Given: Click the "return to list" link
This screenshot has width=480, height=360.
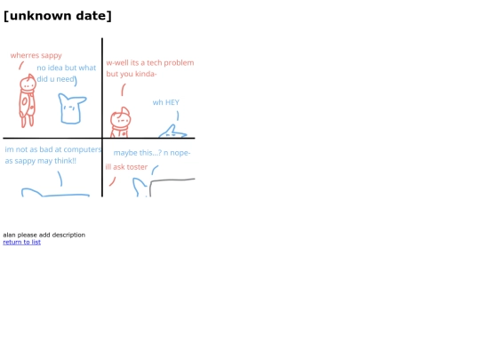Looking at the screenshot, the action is click(x=21, y=242).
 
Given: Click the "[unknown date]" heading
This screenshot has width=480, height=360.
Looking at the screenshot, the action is click(x=58, y=16).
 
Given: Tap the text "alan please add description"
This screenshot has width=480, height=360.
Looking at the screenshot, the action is click(x=44, y=235).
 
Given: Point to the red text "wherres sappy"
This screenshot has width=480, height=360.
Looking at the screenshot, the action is click(x=36, y=55).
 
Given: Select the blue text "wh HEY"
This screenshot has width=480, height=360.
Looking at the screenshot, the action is click(x=166, y=102).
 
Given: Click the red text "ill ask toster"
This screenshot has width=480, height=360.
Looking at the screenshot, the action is click(x=126, y=167).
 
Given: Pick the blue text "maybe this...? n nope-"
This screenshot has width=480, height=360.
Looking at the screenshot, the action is click(x=152, y=153).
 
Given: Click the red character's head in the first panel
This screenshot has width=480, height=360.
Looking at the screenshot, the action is click(x=28, y=83).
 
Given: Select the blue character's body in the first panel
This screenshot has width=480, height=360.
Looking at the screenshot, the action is click(x=72, y=109).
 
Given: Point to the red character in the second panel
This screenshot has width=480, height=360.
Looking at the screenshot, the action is click(x=121, y=123).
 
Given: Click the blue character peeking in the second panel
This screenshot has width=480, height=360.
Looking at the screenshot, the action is click(x=172, y=132).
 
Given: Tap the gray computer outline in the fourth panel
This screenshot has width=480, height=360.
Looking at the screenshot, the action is click(x=172, y=180).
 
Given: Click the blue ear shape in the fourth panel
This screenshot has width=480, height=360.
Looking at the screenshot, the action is click(x=140, y=187).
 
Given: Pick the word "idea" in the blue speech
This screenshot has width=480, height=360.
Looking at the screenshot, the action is click(x=55, y=68).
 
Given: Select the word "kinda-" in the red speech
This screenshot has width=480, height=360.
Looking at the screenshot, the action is click(x=146, y=74).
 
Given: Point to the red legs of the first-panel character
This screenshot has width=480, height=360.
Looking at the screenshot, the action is click(x=28, y=121).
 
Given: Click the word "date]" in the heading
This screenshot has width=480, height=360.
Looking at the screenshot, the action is click(x=93, y=16).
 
